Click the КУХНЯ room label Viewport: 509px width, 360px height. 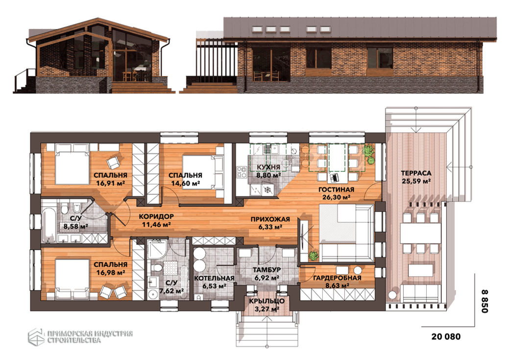coord(268,167)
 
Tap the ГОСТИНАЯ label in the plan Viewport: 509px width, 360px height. coord(336,190)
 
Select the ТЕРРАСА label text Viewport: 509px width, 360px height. coord(416,173)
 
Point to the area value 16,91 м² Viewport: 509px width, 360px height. coord(110,183)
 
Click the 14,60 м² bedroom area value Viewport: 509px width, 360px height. coord(185,183)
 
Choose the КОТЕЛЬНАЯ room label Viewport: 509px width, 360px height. coord(214,279)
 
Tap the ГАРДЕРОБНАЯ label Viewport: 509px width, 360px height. coord(337,278)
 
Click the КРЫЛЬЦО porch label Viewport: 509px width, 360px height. coord(267,301)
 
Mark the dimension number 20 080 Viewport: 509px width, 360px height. coord(446,336)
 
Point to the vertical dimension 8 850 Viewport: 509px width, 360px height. coord(485,301)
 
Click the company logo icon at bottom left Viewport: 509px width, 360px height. coord(36,337)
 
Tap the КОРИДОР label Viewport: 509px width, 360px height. coord(156,216)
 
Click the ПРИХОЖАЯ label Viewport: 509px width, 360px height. coord(270,219)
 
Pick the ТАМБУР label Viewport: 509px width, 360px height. coord(267,270)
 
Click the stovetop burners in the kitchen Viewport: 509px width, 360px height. coord(242,172)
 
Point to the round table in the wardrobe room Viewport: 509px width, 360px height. coord(358,270)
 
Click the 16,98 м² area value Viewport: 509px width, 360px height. coord(110,273)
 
